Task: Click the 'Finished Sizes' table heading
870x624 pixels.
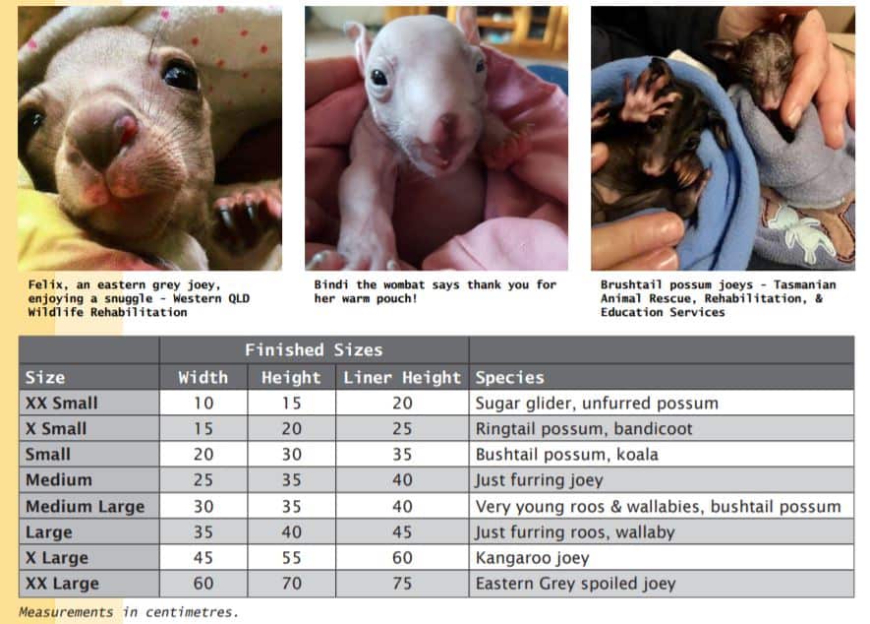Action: point(314,349)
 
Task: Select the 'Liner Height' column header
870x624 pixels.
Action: point(401,377)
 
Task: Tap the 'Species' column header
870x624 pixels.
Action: point(509,377)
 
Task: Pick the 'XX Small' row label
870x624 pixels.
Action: point(61,403)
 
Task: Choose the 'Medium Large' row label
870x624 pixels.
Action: point(85,506)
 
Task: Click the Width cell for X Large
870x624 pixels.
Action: point(203,558)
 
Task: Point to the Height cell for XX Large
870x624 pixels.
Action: point(290,584)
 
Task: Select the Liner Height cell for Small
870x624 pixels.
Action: point(401,454)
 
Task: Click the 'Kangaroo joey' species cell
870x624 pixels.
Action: point(532,558)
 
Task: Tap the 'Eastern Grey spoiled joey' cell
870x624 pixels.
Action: point(575,584)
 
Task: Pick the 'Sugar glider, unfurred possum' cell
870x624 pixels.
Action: point(596,403)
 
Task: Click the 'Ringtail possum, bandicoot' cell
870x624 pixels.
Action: point(584,428)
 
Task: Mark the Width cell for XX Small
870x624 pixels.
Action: point(203,403)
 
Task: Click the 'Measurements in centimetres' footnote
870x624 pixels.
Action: point(128,612)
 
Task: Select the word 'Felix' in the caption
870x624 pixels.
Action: point(48,285)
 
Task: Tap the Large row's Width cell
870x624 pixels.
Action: point(203,531)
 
